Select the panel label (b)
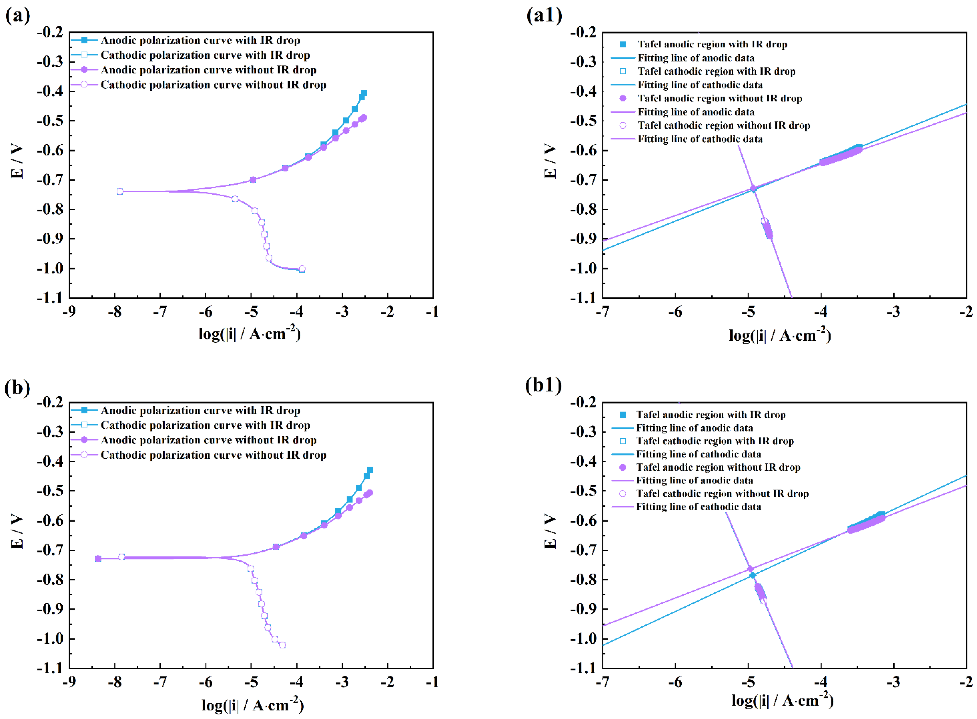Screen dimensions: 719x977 pos(17,387)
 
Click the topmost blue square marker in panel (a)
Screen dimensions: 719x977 pos(364,93)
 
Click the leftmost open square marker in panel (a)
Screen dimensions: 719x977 pos(120,192)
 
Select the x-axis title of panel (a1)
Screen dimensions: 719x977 pos(780,335)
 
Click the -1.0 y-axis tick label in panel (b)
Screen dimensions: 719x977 pos(50,639)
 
